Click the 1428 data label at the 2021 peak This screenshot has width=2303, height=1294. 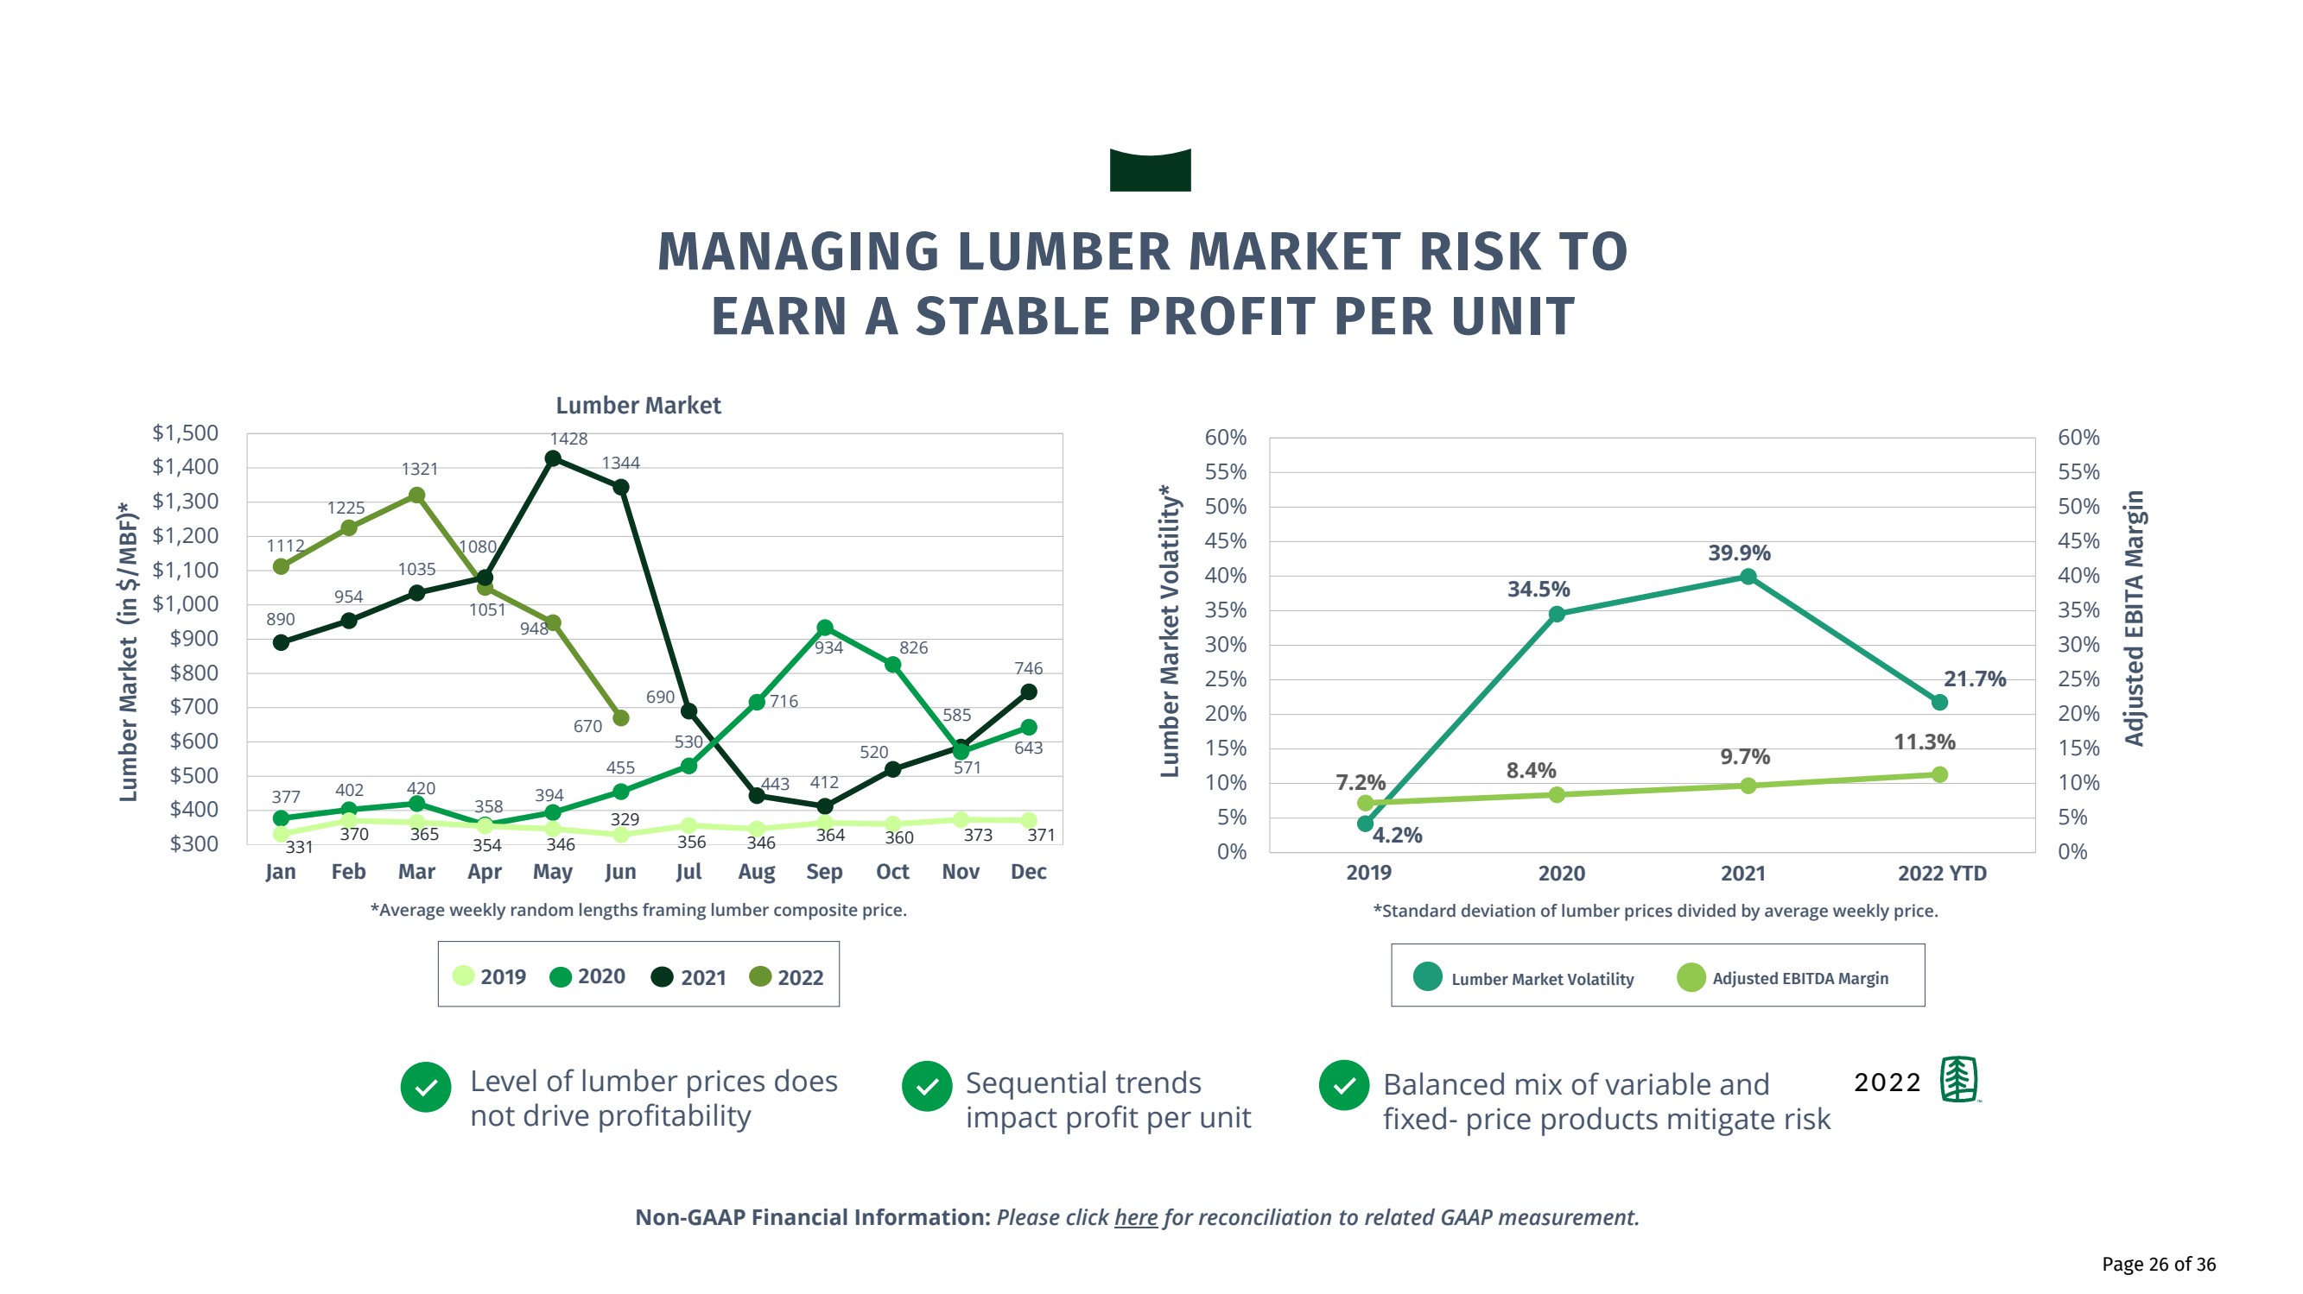568,439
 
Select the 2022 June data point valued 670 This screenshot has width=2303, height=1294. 620,717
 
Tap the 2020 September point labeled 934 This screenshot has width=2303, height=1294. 824,628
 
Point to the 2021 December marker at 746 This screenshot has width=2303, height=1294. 1028,691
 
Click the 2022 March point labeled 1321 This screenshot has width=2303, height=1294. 416,496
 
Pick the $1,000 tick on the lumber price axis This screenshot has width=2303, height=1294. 185,604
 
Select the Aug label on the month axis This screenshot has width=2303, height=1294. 757,871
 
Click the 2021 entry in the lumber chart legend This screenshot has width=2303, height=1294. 688,976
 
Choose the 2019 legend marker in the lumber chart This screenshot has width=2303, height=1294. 463,975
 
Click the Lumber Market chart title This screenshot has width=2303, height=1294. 638,406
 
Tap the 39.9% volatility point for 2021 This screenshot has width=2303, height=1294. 1748,577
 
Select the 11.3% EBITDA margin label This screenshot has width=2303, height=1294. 1924,742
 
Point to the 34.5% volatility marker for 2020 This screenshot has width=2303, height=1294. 1557,614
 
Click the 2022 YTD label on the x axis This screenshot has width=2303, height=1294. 1942,873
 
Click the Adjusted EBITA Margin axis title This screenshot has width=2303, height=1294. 2134,618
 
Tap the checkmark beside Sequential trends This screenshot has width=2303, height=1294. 927,1087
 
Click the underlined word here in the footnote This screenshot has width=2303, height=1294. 1135,1217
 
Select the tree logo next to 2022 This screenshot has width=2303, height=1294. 1959,1080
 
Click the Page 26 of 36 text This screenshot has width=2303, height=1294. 2158,1264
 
